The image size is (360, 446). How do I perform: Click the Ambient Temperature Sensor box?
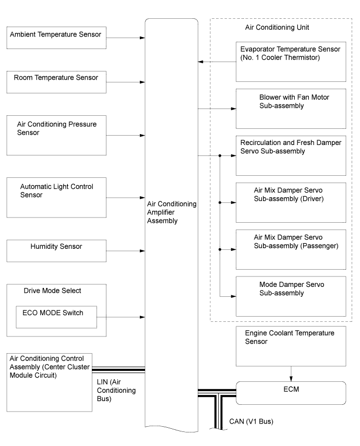(x=56, y=38)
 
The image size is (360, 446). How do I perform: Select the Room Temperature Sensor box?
(x=56, y=82)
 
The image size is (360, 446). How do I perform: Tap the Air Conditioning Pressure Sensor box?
(x=56, y=136)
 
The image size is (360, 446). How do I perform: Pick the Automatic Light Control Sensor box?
(x=56, y=198)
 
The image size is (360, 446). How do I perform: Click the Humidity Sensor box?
(x=56, y=251)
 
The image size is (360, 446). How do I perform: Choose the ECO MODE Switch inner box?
(x=56, y=317)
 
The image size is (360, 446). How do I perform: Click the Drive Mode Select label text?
(x=52, y=291)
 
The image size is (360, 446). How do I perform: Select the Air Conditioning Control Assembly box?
(x=49, y=382)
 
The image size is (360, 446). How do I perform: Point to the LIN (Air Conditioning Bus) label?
(x=116, y=390)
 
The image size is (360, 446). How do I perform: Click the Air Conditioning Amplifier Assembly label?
(x=172, y=212)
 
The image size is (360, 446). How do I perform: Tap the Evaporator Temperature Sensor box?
(x=291, y=62)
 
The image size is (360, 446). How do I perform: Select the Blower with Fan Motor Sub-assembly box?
(x=291, y=109)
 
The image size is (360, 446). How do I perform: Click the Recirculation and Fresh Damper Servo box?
(x=291, y=156)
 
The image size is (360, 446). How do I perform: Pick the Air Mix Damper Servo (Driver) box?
(x=291, y=203)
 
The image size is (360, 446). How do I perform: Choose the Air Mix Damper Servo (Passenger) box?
(x=291, y=250)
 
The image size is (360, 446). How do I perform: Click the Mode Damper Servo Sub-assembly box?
(x=291, y=296)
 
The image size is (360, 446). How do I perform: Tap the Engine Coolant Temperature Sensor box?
(x=291, y=346)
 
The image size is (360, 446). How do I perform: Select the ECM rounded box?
(x=291, y=393)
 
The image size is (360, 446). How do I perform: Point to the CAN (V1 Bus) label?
(x=251, y=421)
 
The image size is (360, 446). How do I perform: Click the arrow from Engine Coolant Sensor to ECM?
(x=291, y=373)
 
